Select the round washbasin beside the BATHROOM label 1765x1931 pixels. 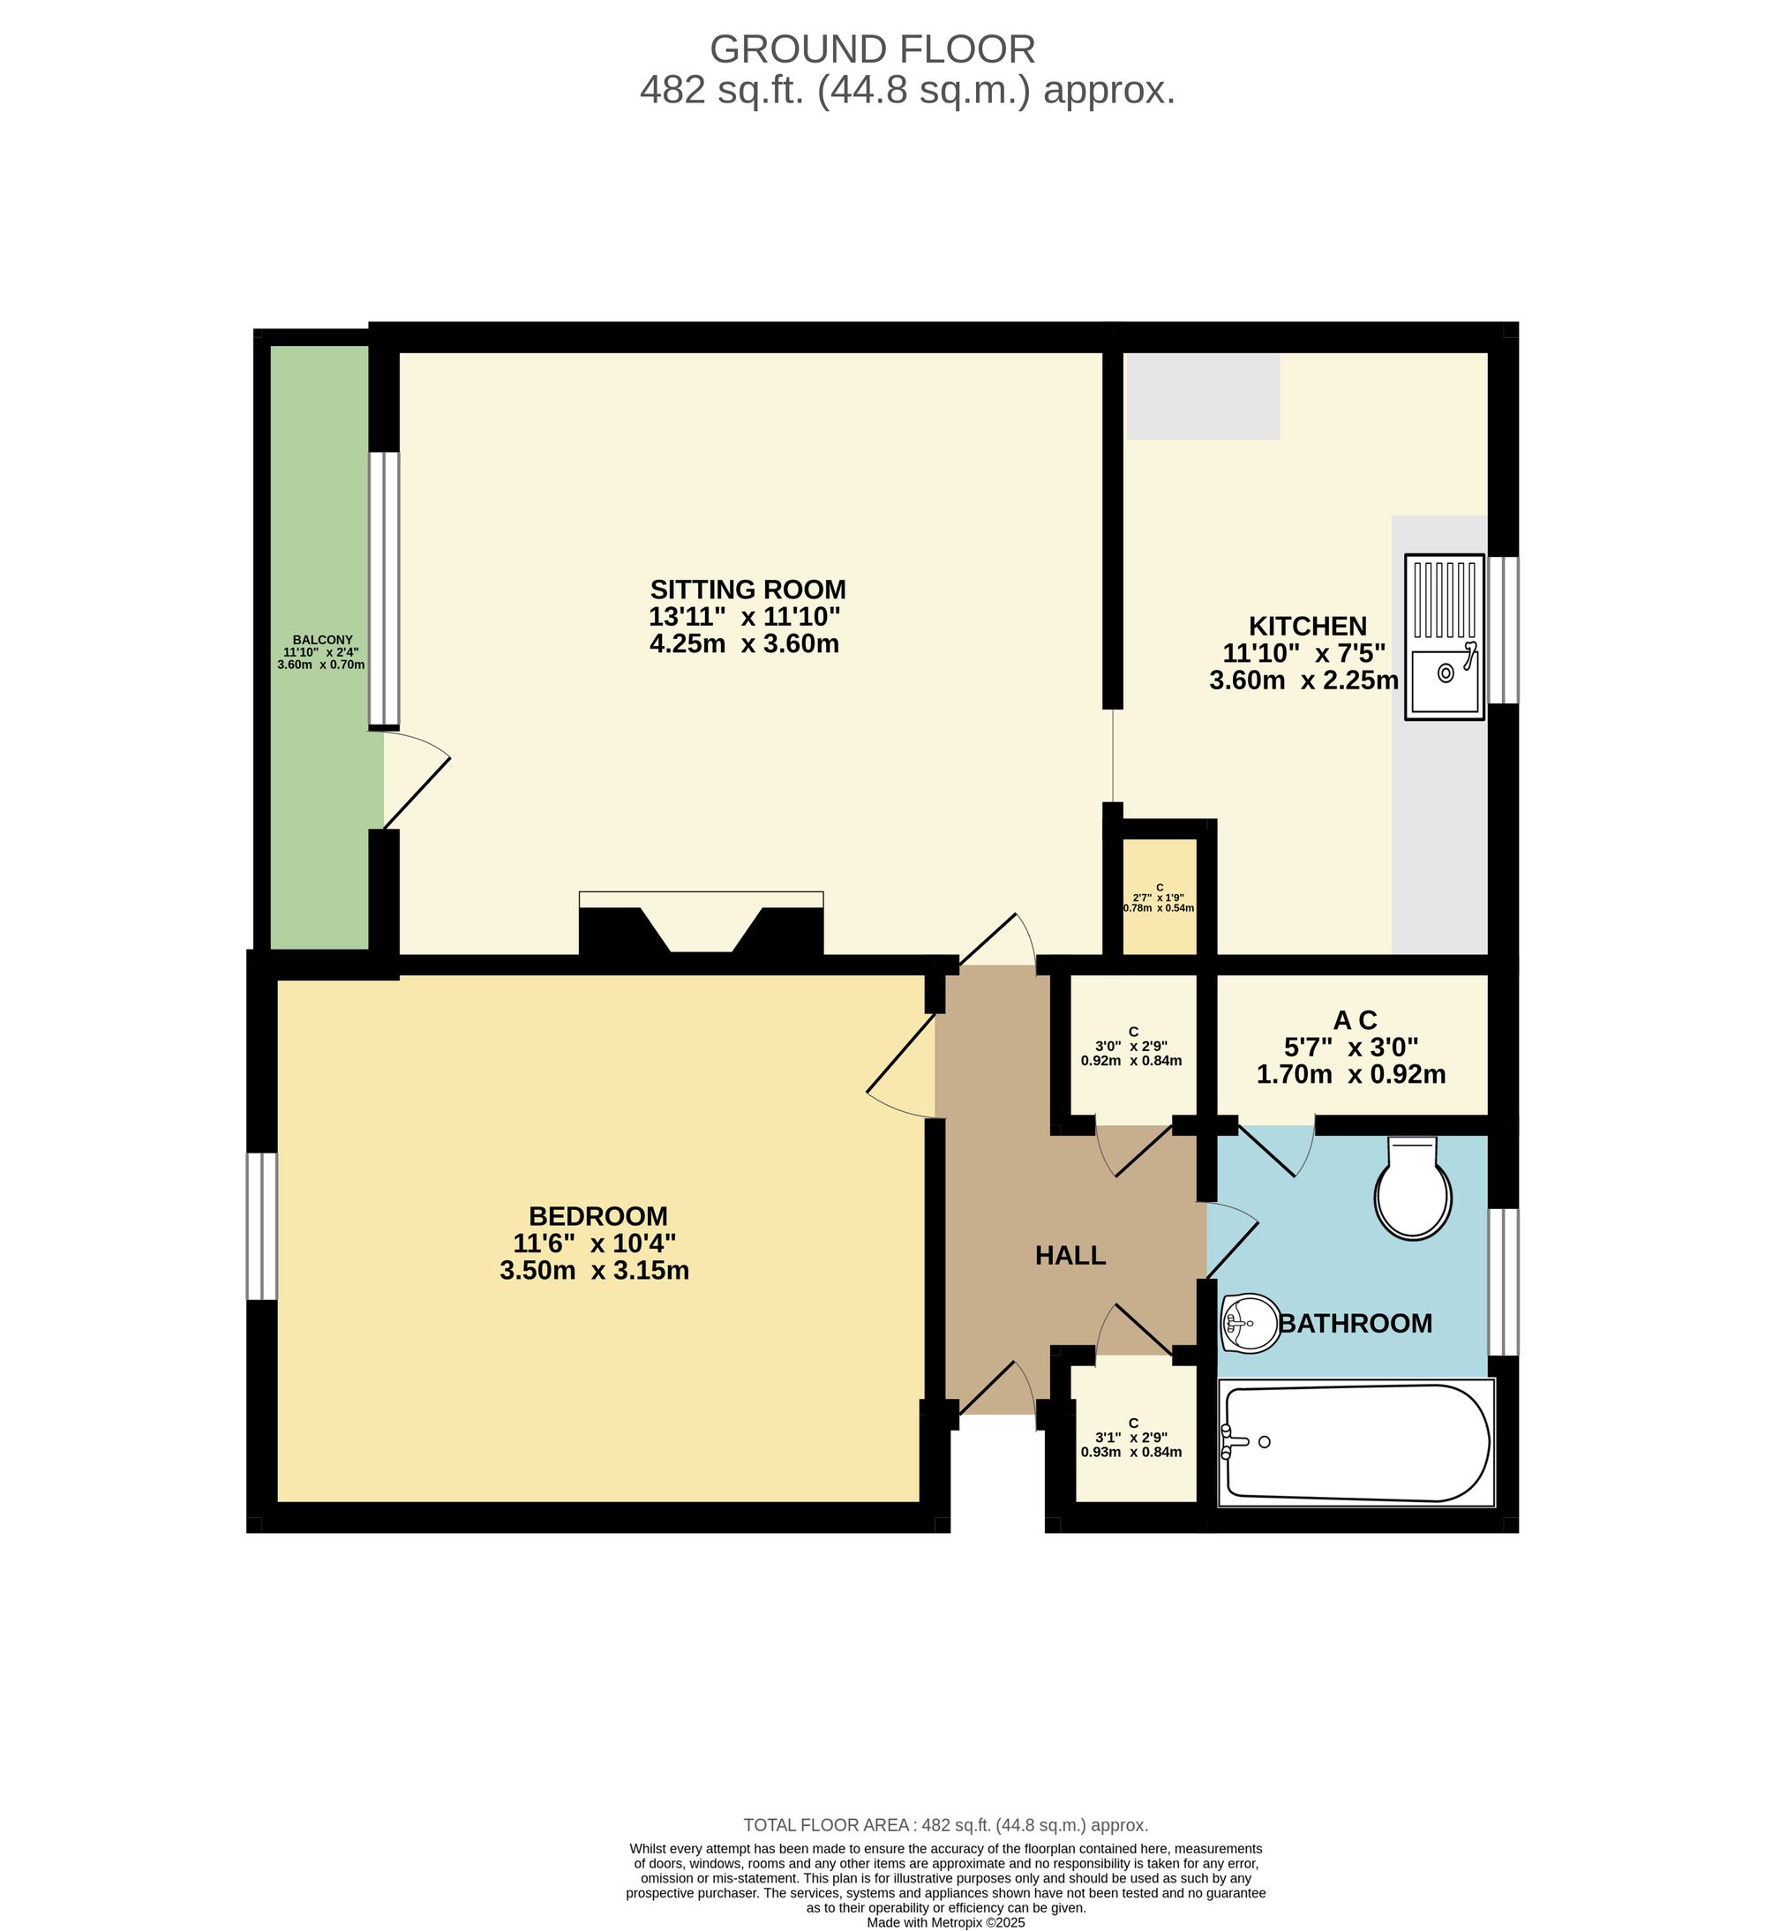click(1250, 1324)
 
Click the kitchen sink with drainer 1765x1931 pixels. click(1444, 636)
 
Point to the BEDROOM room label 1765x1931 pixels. click(597, 1216)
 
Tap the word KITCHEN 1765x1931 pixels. click(1307, 627)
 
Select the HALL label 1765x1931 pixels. click(1070, 1256)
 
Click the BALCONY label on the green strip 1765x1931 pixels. click(322, 640)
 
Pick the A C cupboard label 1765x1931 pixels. click(1354, 1020)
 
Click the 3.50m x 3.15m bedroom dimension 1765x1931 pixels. click(594, 1271)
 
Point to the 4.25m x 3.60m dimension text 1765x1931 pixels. click(744, 643)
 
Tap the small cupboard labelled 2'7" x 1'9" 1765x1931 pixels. click(1159, 897)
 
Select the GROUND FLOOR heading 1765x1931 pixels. click(872, 49)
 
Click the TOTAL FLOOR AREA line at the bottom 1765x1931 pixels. click(945, 1825)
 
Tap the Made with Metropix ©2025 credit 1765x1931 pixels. click(945, 1921)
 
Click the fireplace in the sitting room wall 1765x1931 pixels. click(701, 924)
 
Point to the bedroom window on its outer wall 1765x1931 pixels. click(261, 1226)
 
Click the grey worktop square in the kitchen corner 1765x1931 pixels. click(1202, 395)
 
